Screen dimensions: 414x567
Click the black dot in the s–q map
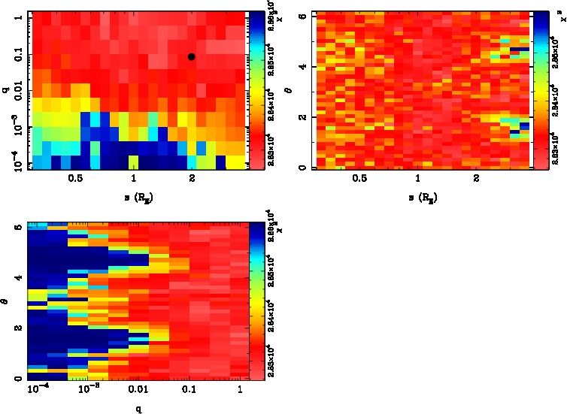coord(192,56)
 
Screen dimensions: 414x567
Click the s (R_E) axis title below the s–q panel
coord(133,197)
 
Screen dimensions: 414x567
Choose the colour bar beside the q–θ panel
coord(256,301)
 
